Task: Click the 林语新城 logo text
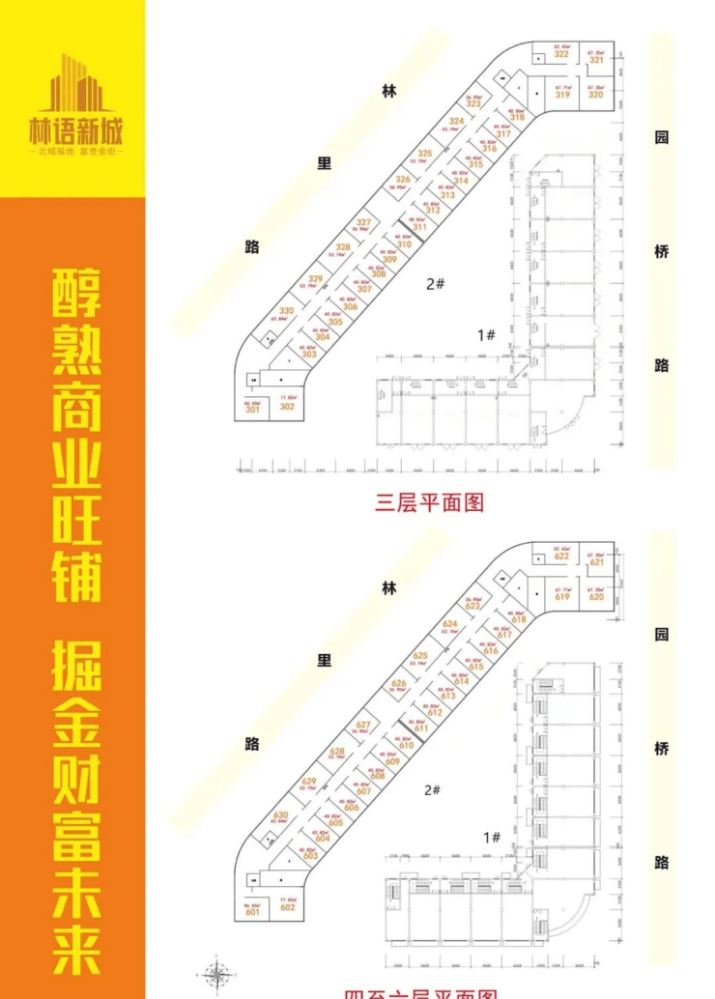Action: click(74, 133)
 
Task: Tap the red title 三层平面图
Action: click(429, 501)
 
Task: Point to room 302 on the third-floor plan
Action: click(286, 407)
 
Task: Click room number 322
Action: click(561, 54)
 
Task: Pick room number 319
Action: click(561, 95)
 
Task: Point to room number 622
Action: click(561, 557)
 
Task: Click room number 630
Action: click(281, 815)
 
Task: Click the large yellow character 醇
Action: click(74, 292)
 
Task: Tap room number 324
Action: click(457, 121)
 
